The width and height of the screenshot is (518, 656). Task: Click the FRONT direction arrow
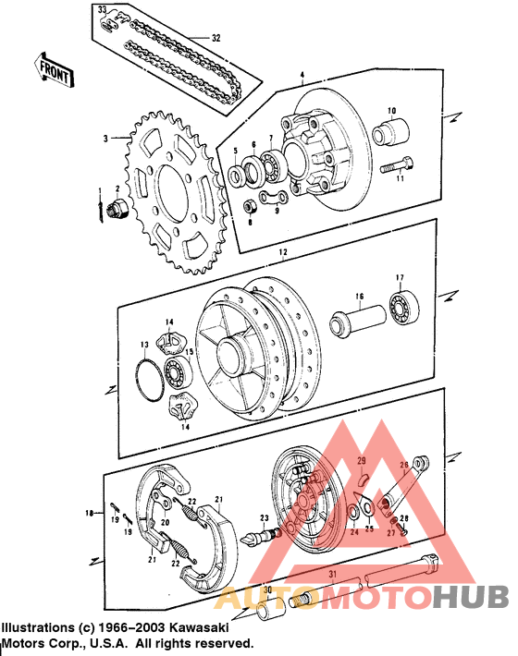(x=55, y=69)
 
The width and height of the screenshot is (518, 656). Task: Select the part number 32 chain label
(x=216, y=39)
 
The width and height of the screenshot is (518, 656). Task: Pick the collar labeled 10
(x=390, y=130)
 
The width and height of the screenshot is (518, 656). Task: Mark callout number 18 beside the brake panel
(x=90, y=512)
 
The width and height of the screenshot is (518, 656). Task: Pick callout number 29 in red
(x=363, y=460)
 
